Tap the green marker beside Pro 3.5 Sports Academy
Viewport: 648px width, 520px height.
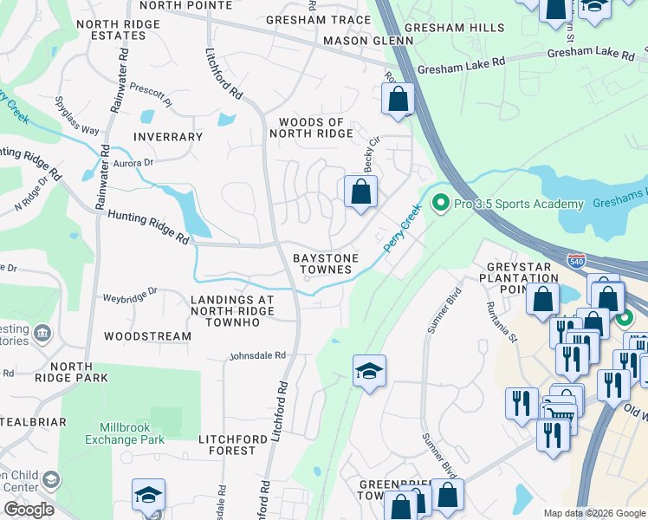[x=440, y=204]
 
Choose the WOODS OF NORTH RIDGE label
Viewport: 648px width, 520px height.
[x=311, y=128]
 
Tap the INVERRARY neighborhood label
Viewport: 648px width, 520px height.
[x=167, y=137]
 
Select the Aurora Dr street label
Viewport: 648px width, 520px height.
[x=132, y=162]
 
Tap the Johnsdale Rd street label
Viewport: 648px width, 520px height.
[x=256, y=355]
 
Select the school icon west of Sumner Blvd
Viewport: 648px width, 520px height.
[x=369, y=371]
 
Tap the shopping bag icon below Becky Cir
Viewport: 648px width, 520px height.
[x=360, y=192]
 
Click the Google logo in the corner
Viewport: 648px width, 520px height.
[x=29, y=510]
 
